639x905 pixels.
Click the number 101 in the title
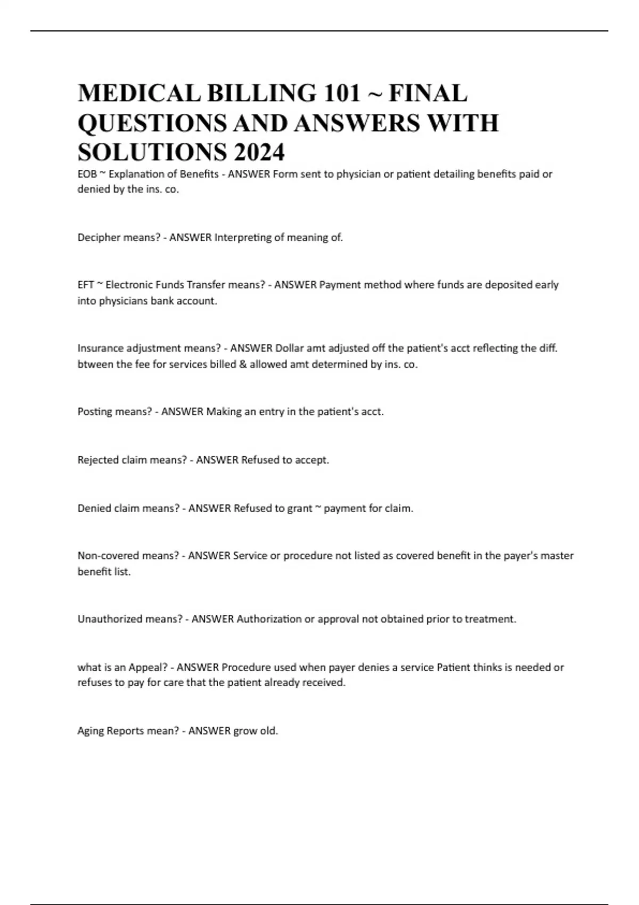(341, 93)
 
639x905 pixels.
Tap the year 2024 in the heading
(258, 153)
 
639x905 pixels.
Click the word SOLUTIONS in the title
(152, 153)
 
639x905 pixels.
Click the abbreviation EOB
(87, 174)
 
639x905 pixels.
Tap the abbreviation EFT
(86, 285)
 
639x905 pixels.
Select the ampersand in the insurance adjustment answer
(243, 365)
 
